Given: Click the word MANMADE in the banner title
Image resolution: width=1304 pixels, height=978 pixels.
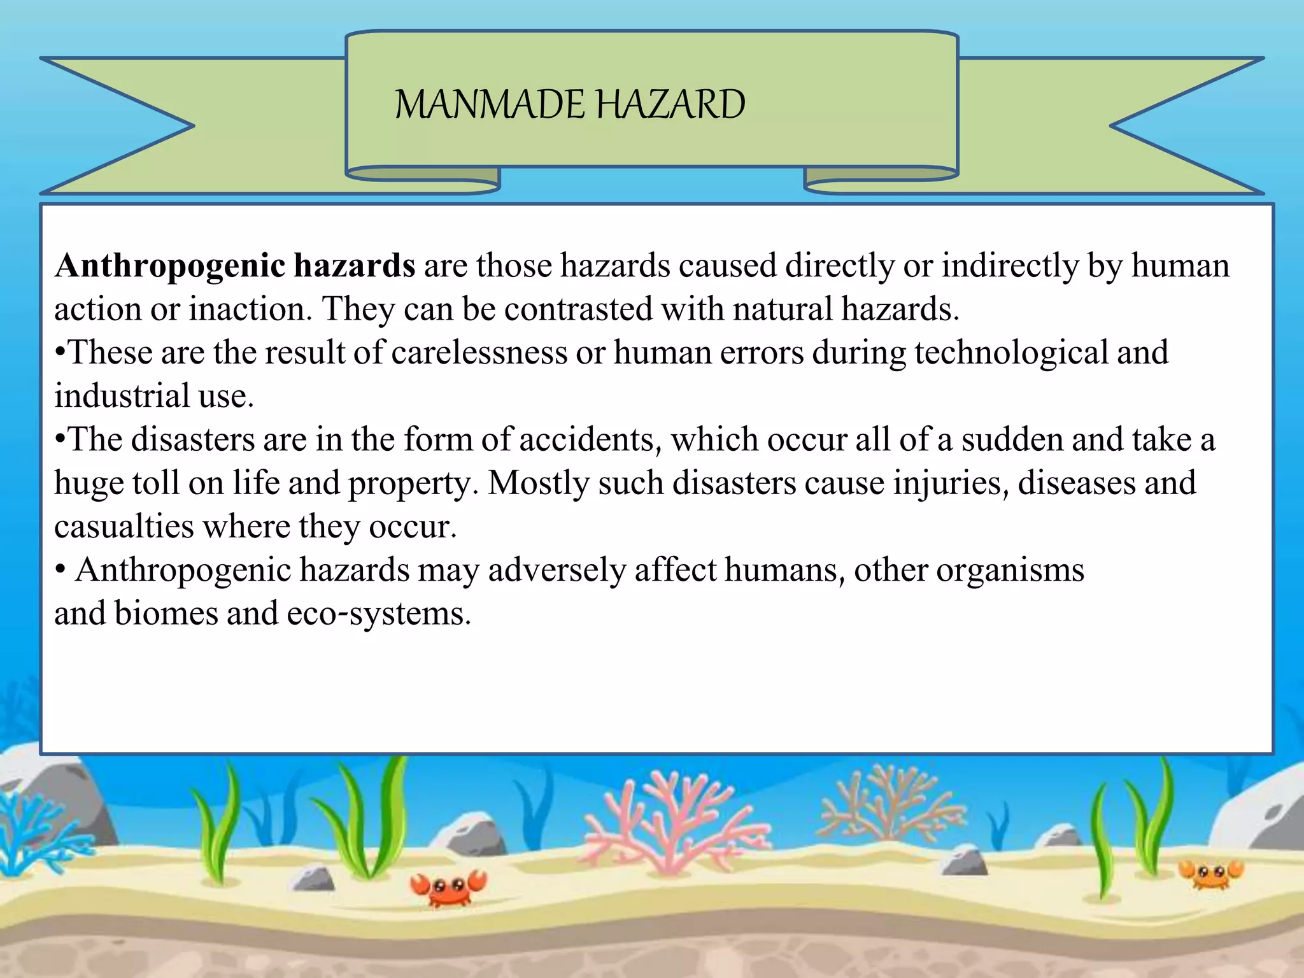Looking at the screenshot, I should point(489,104).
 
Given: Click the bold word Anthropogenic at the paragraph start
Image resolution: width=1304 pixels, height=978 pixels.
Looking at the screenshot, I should point(170,266).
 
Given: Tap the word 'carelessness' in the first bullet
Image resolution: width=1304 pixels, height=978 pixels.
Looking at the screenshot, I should point(479,353).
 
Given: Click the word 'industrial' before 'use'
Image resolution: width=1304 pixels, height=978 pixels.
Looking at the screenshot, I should point(121,396).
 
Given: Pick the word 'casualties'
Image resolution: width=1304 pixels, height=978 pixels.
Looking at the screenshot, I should point(124,527).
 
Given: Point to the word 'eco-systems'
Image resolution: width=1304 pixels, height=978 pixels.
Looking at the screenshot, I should point(378,614).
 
